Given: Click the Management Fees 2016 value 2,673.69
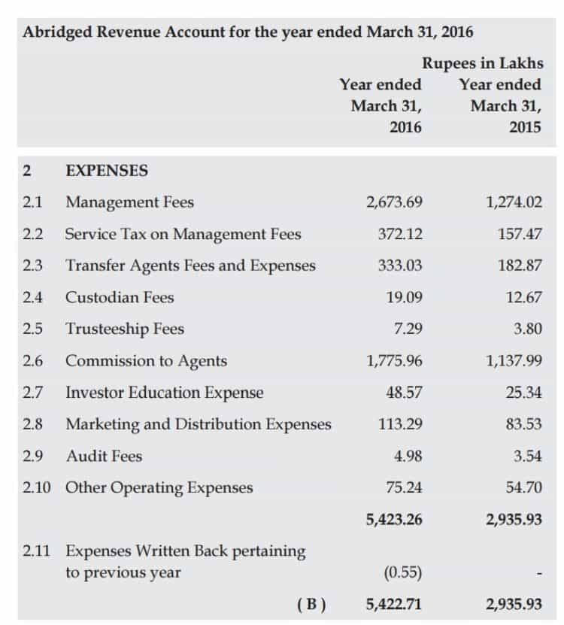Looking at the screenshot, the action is pos(394,202).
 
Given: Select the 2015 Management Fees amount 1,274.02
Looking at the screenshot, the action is pos(514,202).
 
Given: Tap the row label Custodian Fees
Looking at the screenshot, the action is pos(120,297).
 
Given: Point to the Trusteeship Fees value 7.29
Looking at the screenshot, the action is pos(408,329).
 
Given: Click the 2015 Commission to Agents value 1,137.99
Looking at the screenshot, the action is pos(514,361).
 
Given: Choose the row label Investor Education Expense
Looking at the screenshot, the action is pos(165,393).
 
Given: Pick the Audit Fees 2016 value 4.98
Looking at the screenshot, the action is pos(408,456).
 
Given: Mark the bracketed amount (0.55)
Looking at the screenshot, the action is pos(403,573).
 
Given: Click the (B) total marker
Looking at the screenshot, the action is pos(311,605).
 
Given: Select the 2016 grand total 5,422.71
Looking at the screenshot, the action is pos(394,605).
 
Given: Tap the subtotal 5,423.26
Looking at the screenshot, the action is pos(394,520).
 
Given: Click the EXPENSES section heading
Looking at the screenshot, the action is pos(107,171).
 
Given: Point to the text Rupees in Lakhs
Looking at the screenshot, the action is pos(483,63).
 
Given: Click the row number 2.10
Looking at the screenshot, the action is pos(37,487).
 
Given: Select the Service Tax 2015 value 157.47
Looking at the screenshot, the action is pos(520,234).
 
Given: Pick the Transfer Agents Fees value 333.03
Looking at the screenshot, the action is pos(400,265).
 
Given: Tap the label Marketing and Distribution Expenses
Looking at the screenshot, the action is pos(199,424).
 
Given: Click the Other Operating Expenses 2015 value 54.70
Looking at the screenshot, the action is pos(523,487).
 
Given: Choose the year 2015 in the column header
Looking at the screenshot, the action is pos(525,127).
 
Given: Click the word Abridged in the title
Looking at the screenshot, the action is pos(57,32).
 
